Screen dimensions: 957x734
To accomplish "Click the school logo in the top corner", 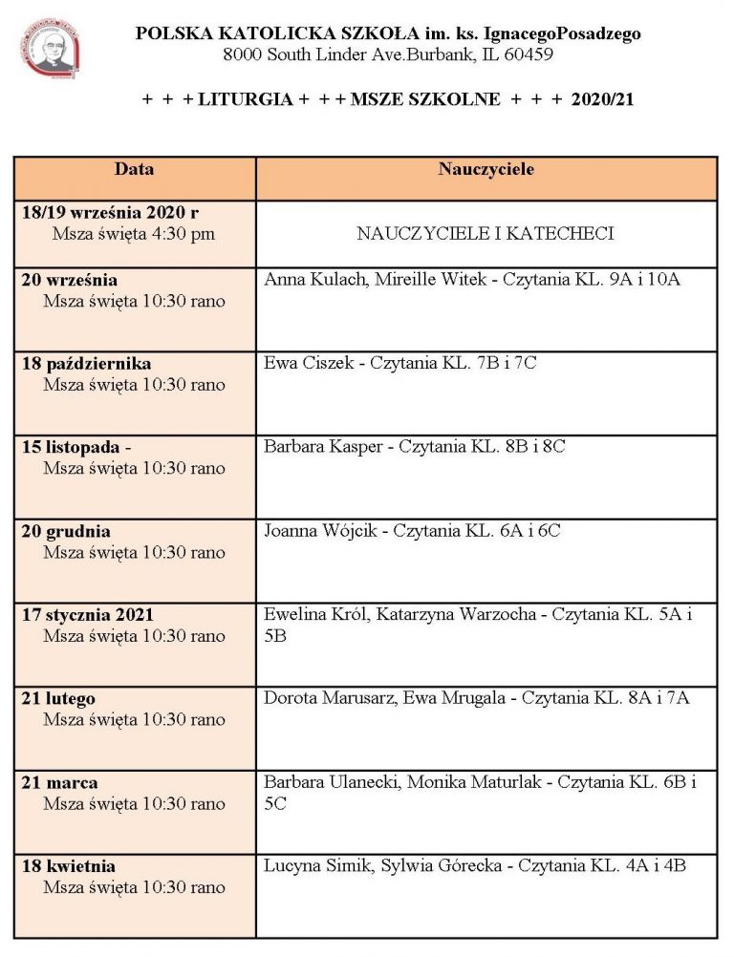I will [49, 48].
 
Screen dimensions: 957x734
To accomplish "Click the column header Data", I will [134, 170].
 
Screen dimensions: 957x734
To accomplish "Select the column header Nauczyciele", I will [486, 170].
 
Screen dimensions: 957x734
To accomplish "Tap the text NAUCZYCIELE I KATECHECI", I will [485, 233].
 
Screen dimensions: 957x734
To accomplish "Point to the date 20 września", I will [69, 280].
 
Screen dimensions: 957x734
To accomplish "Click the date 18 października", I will [86, 364].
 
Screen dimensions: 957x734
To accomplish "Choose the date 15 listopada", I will [74, 447].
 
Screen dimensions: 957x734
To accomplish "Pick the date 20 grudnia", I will [66, 531].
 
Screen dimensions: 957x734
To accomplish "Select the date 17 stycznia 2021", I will [87, 615].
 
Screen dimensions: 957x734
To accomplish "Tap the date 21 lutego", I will [58, 699].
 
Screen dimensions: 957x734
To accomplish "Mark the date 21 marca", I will [59, 783].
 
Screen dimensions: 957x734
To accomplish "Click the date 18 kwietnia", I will [68, 866].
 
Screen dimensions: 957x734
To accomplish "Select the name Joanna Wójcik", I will [320, 530].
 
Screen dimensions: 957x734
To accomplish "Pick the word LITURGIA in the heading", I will [245, 99].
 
